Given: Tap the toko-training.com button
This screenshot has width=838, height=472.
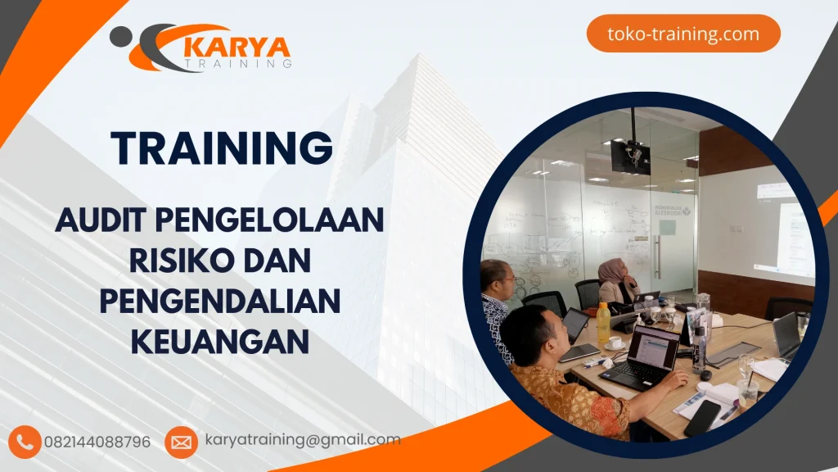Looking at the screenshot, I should [683, 34].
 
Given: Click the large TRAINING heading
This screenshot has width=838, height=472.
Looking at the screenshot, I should [223, 148].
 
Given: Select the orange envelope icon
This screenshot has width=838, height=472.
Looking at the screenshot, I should [181, 442].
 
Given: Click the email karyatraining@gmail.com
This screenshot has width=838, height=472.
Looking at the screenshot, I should [303, 440].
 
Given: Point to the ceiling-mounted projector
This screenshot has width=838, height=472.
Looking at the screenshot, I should [630, 155].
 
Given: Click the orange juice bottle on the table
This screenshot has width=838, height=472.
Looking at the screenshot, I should [603, 323].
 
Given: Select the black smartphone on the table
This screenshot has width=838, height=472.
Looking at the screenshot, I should [701, 417].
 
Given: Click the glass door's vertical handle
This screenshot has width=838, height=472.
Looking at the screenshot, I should [656, 256].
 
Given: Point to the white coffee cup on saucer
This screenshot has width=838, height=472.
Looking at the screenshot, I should [615, 343].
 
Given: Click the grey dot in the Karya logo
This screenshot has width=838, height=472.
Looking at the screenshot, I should [119, 34].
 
